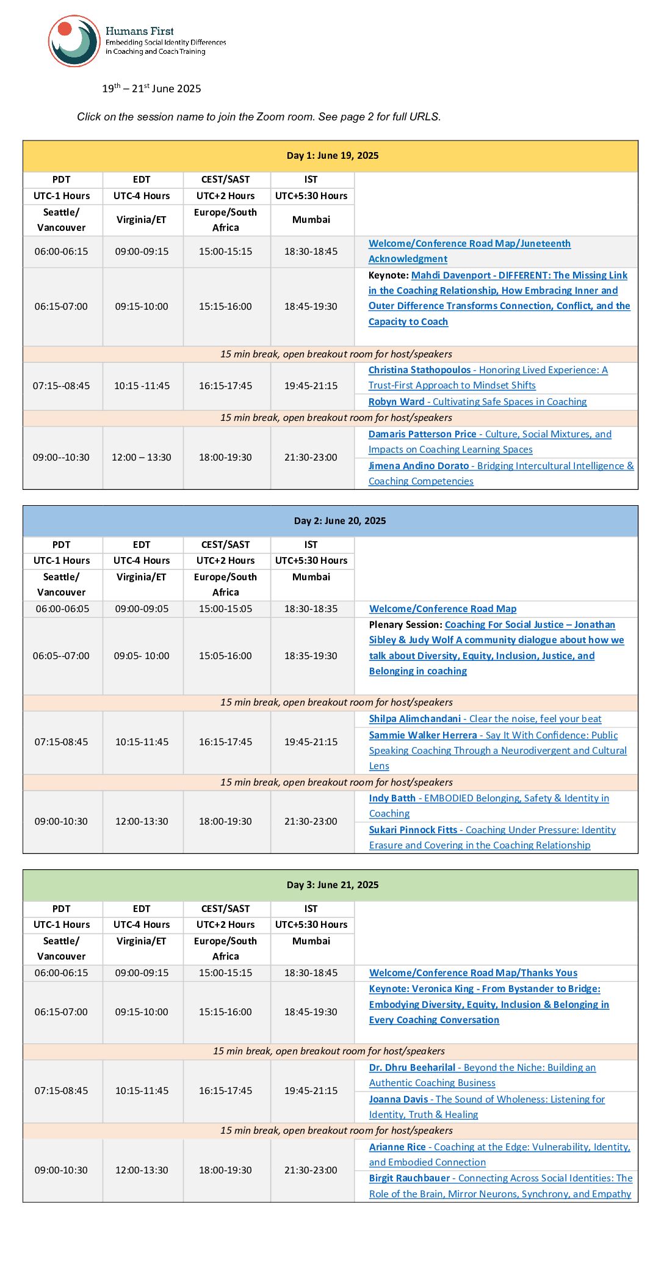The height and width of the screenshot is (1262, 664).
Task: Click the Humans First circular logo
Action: click(x=74, y=41)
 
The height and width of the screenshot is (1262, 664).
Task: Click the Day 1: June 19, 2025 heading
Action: click(x=332, y=156)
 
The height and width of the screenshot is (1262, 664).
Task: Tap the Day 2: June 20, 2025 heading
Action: click(x=339, y=521)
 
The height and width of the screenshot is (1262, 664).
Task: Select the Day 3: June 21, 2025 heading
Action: click(x=332, y=885)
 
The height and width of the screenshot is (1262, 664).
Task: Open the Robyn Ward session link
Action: click(x=477, y=402)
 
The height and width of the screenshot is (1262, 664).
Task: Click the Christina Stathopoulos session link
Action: click(x=488, y=378)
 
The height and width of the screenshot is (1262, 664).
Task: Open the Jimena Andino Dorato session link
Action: click(x=500, y=473)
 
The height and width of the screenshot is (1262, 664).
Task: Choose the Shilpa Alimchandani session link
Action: click(x=485, y=719)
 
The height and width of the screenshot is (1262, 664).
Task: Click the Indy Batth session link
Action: click(x=488, y=806)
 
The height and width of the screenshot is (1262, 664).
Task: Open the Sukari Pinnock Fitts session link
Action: click(x=492, y=837)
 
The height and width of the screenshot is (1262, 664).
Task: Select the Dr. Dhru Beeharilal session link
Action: click(x=482, y=1075)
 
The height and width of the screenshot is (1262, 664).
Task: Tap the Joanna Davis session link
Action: click(x=486, y=1107)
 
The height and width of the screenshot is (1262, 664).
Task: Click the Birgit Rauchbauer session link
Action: click(x=500, y=1186)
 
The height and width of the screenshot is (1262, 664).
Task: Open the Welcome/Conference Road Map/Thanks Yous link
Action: click(x=473, y=973)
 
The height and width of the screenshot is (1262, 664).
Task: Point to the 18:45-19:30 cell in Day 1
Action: click(x=311, y=307)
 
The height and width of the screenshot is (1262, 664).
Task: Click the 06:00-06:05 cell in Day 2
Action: click(x=62, y=609)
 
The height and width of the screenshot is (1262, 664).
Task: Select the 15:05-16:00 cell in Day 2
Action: click(x=225, y=656)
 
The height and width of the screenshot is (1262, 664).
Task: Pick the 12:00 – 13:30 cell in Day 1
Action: click(x=142, y=458)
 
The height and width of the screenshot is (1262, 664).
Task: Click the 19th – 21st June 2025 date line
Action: click(x=151, y=89)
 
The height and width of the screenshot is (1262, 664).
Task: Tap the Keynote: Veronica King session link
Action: click(x=488, y=1004)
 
